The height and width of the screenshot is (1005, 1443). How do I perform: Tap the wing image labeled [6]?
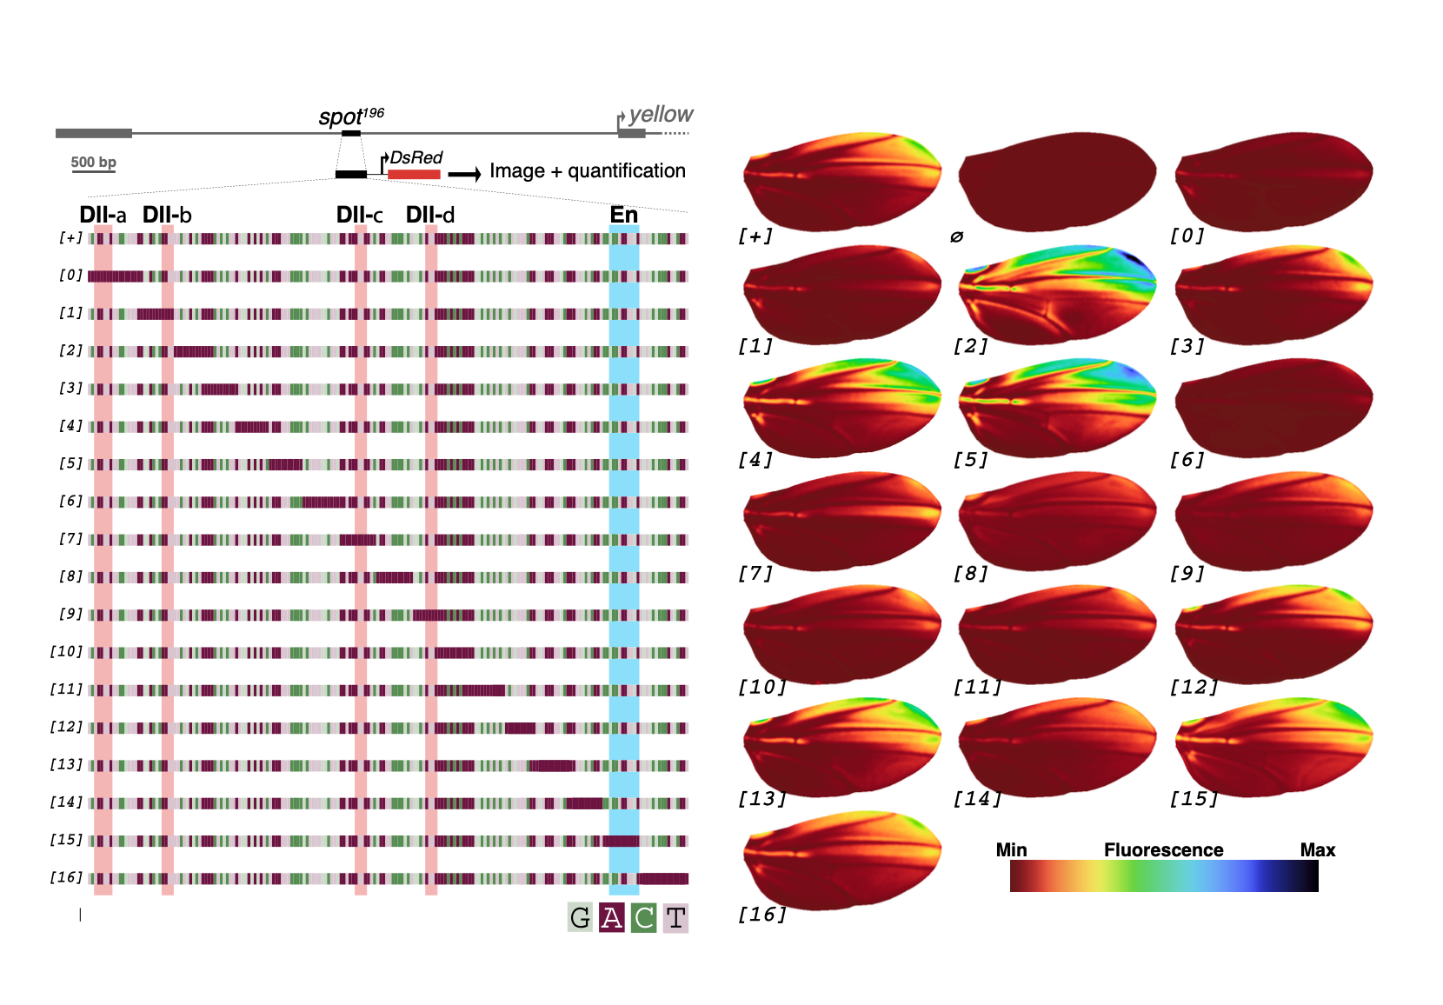[1274, 407]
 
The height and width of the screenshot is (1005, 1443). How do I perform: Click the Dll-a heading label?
[103, 215]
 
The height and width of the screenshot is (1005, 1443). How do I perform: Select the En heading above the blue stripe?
[624, 214]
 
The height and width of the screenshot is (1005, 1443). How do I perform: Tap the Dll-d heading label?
[430, 215]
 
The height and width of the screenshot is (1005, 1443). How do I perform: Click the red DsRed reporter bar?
[414, 175]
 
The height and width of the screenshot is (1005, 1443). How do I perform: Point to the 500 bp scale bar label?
[94, 162]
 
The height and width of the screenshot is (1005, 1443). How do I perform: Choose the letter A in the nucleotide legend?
[612, 917]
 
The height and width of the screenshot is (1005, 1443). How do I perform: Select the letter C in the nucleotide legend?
[644, 917]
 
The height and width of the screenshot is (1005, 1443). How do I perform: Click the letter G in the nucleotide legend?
[580, 917]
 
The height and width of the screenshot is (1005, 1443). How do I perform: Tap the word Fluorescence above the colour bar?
[1163, 849]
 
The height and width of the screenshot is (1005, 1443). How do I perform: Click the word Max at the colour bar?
[1317, 849]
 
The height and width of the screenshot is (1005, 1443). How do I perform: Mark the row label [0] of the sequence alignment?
[70, 276]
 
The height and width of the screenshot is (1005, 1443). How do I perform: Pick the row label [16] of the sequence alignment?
[66, 877]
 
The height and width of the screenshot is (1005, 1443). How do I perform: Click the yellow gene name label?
[661, 114]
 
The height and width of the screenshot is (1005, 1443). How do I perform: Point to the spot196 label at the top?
[350, 116]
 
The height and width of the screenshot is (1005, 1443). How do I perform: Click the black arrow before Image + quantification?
[464, 174]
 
